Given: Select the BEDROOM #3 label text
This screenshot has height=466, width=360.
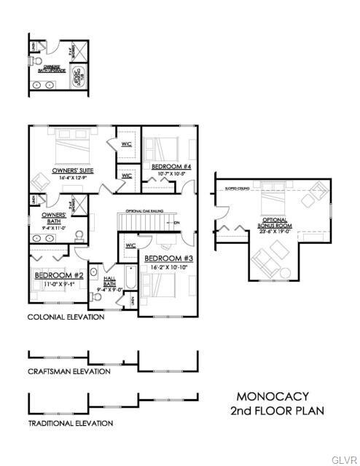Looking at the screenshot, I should click(168, 258).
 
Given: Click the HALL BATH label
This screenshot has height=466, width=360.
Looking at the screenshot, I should click(110, 281).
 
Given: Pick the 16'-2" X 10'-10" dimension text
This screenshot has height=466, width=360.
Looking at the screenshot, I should click(168, 267).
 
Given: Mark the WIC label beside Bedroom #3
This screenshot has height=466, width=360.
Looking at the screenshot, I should click(130, 245).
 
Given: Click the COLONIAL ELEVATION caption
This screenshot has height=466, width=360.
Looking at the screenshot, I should click(66, 317).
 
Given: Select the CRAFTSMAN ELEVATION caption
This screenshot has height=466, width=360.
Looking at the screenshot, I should click(69, 371).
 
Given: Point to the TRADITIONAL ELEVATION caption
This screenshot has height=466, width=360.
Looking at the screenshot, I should click(70, 423).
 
